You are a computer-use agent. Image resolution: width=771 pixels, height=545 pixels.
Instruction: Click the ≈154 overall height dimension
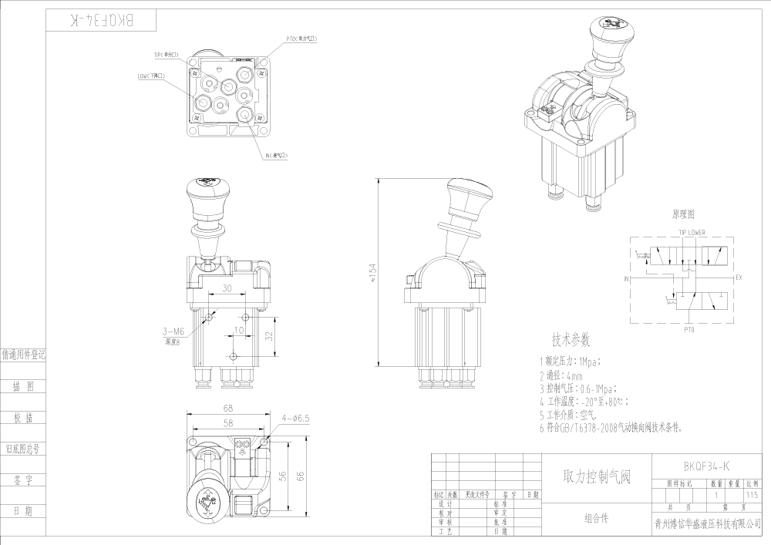pos(373,273)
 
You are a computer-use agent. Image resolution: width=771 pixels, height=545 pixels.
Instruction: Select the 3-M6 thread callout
pos(174,331)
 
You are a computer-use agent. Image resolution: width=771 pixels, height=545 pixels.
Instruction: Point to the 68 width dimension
pos(228,408)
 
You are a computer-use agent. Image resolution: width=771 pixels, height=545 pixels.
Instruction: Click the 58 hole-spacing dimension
pos(228,424)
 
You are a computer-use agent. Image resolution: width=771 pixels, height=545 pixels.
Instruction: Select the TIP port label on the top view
pos(166,55)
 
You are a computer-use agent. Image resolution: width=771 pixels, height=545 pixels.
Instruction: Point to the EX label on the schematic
pos(739,277)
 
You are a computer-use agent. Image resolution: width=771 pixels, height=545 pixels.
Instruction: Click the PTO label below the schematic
pos(689,329)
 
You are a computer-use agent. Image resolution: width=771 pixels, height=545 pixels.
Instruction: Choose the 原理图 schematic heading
pos(683,214)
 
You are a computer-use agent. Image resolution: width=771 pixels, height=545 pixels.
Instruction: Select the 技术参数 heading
pos(571,340)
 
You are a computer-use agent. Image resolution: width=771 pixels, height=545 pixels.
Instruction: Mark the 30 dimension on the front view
pos(227,289)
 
